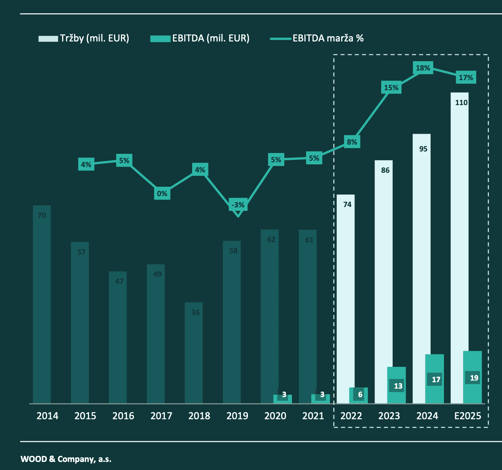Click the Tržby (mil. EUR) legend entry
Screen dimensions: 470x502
click(x=84, y=38)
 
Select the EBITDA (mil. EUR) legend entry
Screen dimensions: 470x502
click(x=200, y=38)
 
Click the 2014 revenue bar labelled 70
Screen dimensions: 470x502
click(x=42, y=306)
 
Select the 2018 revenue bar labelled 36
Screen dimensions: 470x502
click(x=194, y=354)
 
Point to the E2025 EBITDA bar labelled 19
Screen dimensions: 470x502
click(x=473, y=377)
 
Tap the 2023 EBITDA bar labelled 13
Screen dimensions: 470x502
click(x=396, y=385)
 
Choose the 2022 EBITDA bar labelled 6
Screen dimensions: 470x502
click(x=358, y=395)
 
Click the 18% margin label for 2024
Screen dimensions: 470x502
click(x=423, y=68)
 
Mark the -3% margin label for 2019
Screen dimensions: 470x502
click(x=238, y=205)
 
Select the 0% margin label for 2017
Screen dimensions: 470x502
click(x=162, y=194)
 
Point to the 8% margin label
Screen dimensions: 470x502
click(x=352, y=142)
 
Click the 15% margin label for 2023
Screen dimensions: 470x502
click(x=391, y=87)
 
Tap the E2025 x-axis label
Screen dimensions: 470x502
click(x=468, y=416)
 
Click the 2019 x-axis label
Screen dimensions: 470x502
click(x=237, y=416)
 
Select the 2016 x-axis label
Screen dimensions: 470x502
click(x=123, y=416)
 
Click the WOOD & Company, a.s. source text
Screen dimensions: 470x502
click(x=66, y=459)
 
